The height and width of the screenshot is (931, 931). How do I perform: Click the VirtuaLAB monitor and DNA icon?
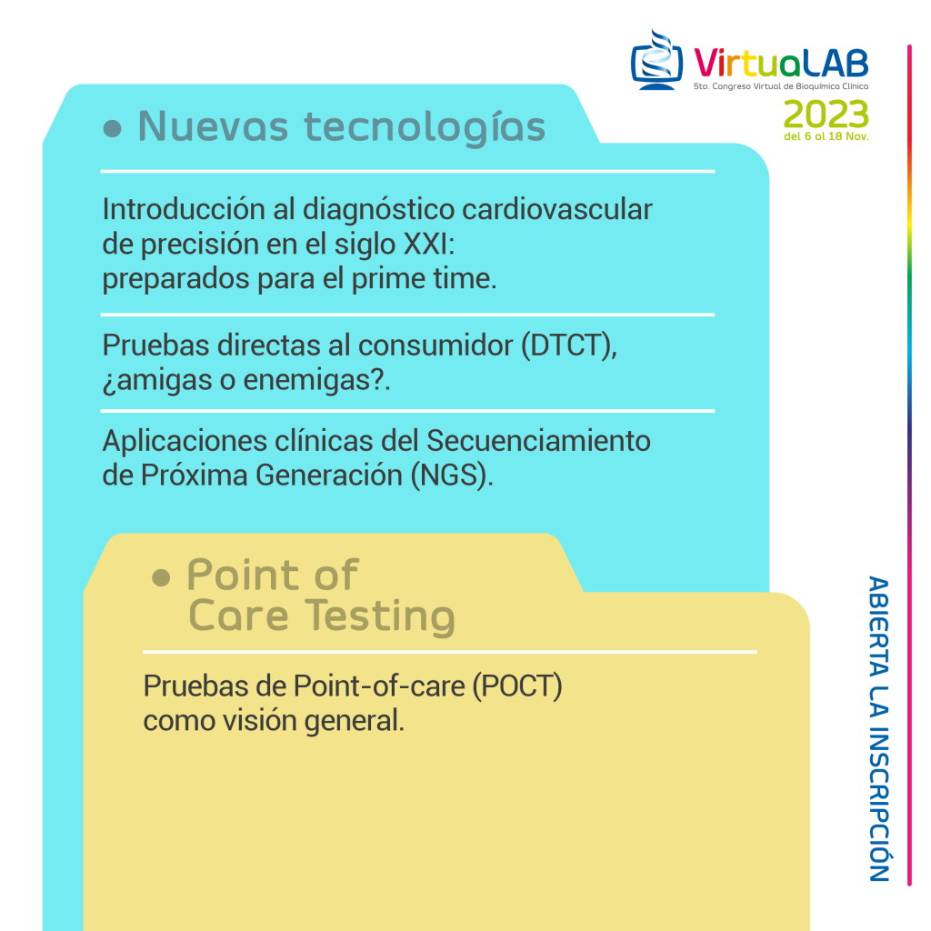[x=656, y=60]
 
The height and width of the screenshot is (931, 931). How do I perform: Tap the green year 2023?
[x=826, y=115]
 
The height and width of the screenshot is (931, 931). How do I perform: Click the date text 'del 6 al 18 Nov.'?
[x=826, y=136]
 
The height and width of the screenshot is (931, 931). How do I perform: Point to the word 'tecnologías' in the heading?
[x=425, y=127]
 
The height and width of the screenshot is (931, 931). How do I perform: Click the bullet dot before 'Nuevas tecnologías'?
[x=112, y=128]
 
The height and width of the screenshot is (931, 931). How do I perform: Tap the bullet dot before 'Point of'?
[x=161, y=577]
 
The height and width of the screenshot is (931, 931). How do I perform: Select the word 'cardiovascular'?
[x=557, y=209]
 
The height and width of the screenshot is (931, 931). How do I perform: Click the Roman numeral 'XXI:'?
[x=429, y=244]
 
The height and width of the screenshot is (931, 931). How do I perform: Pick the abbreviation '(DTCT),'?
[x=569, y=345]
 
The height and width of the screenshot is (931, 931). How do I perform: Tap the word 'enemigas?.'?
[x=317, y=380]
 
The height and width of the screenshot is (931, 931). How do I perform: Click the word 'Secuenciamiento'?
[x=538, y=441]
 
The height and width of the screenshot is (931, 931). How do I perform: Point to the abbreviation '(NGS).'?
[x=452, y=476]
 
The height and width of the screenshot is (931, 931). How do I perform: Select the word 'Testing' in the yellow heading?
[x=381, y=616]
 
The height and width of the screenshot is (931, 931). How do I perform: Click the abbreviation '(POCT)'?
[x=517, y=686]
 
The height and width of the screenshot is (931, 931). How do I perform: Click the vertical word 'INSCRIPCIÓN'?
[x=879, y=805]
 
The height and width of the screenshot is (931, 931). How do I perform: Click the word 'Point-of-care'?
[x=379, y=686]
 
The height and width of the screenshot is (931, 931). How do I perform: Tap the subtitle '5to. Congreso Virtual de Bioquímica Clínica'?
[x=781, y=86]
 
